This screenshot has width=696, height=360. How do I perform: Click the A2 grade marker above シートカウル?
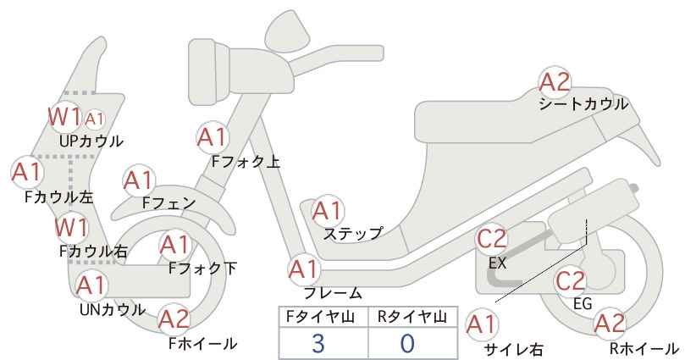pos(555,82)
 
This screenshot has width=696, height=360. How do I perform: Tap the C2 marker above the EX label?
pos(491,239)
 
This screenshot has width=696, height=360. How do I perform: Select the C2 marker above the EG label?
pos(571,281)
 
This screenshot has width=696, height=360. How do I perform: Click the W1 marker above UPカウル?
pos(65,117)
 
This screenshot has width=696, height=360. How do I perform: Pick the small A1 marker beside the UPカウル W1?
pos(94,119)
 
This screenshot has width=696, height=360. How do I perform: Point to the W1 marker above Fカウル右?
pos(71,228)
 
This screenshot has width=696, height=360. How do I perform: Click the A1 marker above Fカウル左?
pos(27,172)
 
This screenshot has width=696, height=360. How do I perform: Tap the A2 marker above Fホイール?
pos(174,319)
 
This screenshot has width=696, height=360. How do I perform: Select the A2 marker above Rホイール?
pos(610,324)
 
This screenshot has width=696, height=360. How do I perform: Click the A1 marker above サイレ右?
pos(482,325)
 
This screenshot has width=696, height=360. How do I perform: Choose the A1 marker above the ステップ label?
pos(327,211)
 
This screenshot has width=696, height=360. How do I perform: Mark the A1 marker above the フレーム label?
pos(304,270)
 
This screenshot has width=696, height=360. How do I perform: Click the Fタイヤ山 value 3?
pos(318,343)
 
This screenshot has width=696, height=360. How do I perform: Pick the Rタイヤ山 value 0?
pos(407,343)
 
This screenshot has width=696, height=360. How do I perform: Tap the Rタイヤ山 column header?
pos(412,317)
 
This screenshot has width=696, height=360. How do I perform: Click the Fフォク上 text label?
pos(246,161)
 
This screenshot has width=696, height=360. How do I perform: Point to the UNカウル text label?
pos(113,309)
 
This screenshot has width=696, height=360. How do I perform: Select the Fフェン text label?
pos(169,202)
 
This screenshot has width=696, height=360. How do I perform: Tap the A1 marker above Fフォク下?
pos(175,245)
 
